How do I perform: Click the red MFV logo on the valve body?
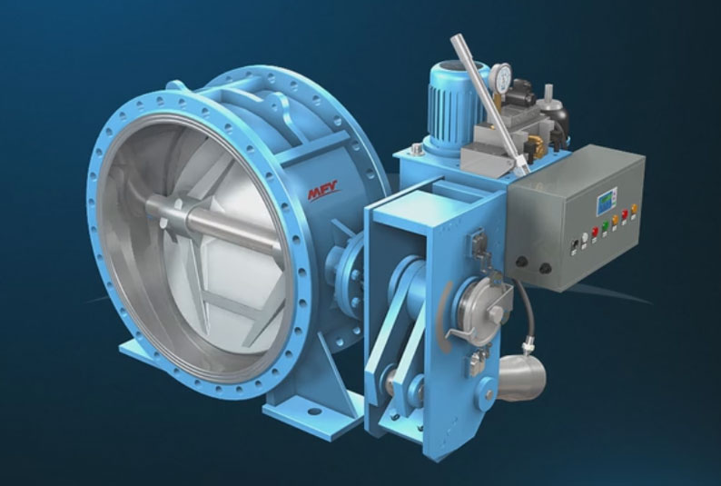[322, 190]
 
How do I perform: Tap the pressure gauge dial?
[500, 76]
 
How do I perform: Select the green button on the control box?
[605, 225]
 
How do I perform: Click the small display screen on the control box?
[607, 202]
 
